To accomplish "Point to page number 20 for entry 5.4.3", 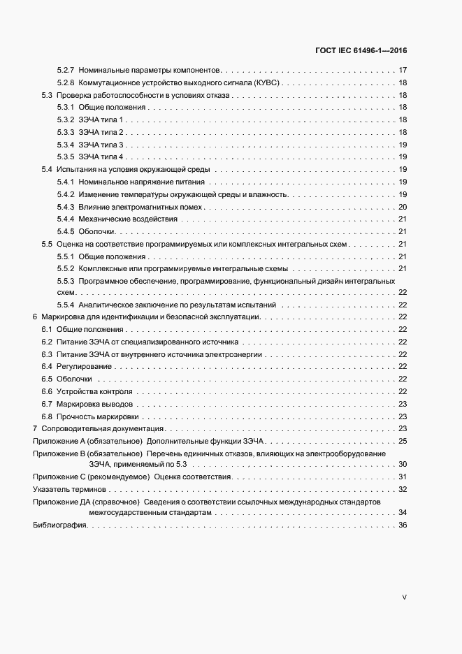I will [x=402, y=207].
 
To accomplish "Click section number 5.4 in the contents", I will [x=47, y=170].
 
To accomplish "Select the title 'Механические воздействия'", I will [x=128, y=219].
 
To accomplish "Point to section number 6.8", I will [x=47, y=416].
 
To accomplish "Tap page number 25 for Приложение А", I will [x=402, y=441].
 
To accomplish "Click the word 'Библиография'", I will [x=59, y=525].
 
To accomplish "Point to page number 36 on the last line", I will [x=402, y=525].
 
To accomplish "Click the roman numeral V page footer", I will [x=404, y=597].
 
